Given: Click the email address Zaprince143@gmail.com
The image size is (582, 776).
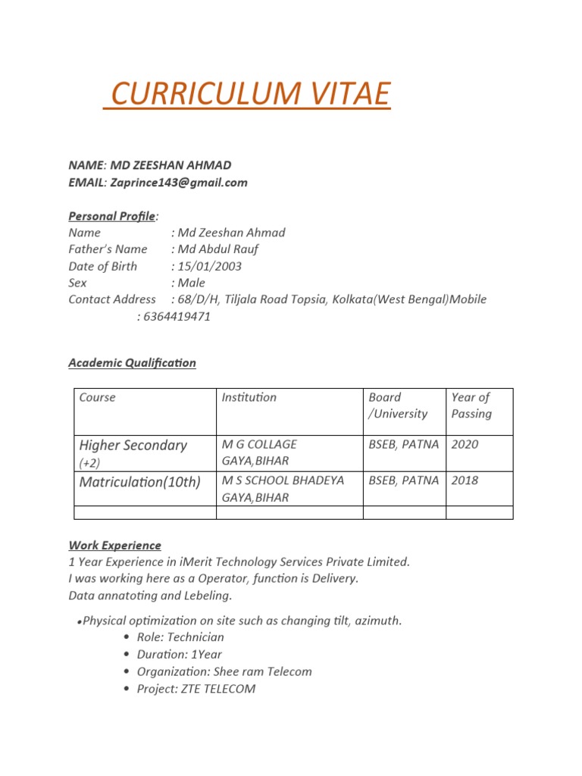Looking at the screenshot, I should [179, 183].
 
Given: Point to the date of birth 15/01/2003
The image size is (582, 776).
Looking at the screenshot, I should [209, 266].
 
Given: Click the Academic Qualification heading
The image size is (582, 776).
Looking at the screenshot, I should [132, 363].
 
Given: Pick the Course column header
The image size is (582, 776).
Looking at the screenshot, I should [98, 397].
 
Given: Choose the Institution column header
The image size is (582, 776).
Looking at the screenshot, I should [249, 397].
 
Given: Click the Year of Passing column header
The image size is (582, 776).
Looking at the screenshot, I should [471, 405].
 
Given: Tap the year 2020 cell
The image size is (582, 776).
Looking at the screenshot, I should [465, 445].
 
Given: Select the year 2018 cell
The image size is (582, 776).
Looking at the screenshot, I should [465, 480].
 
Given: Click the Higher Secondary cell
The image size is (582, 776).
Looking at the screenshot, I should [133, 446].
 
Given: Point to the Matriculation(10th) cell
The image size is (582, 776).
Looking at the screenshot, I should [139, 482].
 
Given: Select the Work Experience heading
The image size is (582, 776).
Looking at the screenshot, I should [114, 545].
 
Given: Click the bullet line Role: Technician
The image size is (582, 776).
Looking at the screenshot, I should [180, 637].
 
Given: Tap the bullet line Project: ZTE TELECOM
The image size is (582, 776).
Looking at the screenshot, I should [196, 689].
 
